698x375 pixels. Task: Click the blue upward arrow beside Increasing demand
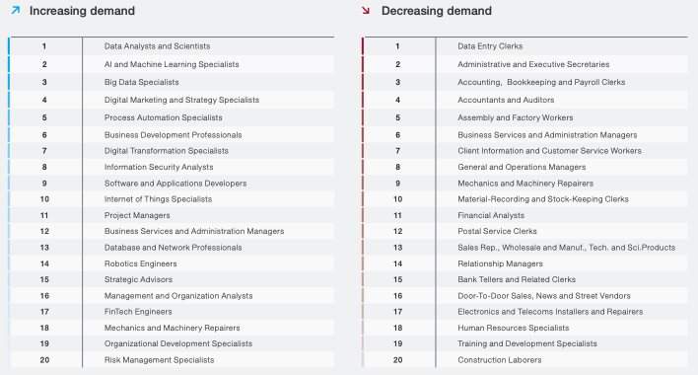point(16,10)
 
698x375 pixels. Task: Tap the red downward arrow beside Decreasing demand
point(366,10)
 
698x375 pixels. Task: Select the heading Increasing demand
point(82,11)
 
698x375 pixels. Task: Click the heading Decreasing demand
point(436,11)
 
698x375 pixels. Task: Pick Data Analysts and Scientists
point(157,46)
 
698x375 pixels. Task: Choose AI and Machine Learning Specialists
point(172,64)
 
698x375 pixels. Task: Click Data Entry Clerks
point(490,46)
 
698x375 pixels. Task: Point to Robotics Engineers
point(141,263)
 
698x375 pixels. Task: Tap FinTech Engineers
point(138,312)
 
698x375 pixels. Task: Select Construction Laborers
point(500,360)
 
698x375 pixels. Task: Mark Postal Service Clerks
point(497,231)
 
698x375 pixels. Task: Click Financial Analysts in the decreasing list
point(491,215)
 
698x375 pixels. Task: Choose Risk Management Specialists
point(159,360)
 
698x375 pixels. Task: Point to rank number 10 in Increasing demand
point(44,199)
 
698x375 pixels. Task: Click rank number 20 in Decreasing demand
point(398,360)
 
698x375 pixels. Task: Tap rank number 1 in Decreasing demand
point(397,46)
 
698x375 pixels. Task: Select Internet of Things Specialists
point(158,199)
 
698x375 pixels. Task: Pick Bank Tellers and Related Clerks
point(517,279)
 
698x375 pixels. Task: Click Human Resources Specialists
point(514,328)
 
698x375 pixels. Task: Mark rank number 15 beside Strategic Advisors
point(44,279)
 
